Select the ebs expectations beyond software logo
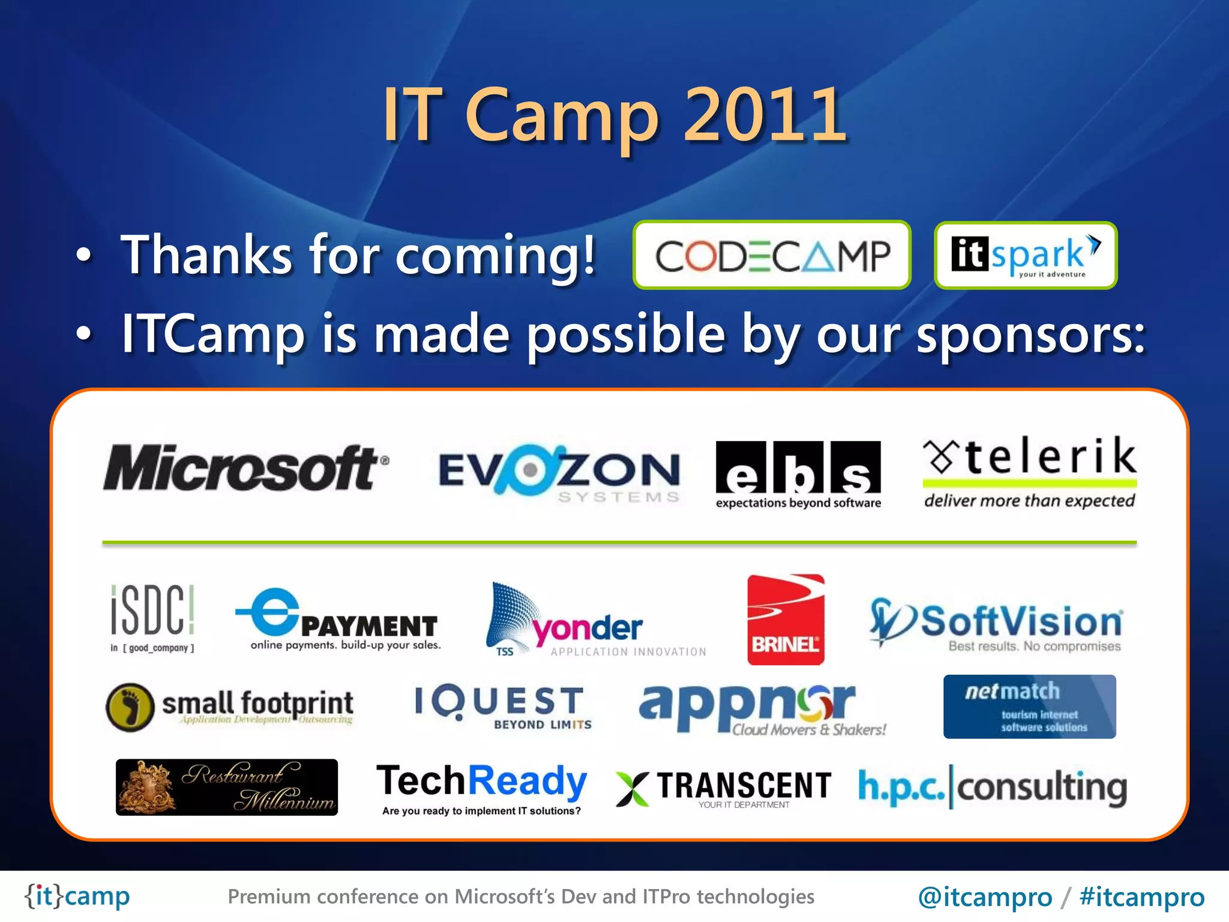798,474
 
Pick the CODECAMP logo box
772,255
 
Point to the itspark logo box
1025,255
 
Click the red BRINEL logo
786,619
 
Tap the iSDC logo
152,618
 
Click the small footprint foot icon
130,707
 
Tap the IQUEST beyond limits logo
503,707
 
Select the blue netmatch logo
1029,707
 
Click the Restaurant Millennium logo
226,787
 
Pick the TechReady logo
481,788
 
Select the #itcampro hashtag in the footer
1141,897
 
